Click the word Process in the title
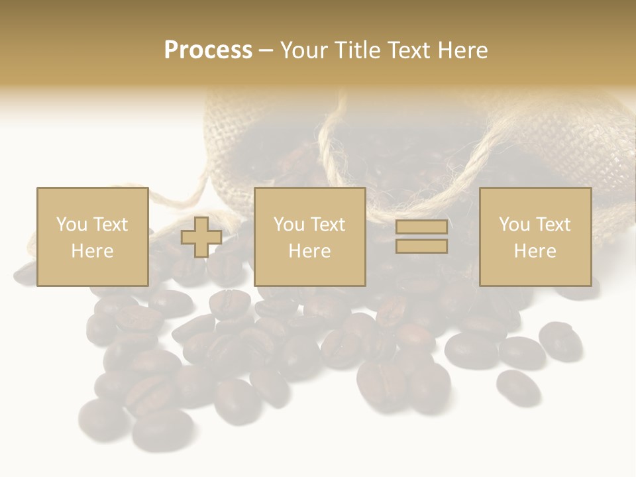(x=208, y=50)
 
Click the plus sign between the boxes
(x=201, y=237)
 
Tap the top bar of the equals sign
(x=421, y=227)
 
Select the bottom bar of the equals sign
(x=421, y=246)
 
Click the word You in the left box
(x=71, y=225)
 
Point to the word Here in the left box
(x=92, y=251)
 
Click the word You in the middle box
(x=288, y=225)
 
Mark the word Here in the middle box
(x=309, y=251)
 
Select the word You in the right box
(x=513, y=225)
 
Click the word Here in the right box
(x=535, y=251)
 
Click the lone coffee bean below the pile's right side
(x=517, y=387)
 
